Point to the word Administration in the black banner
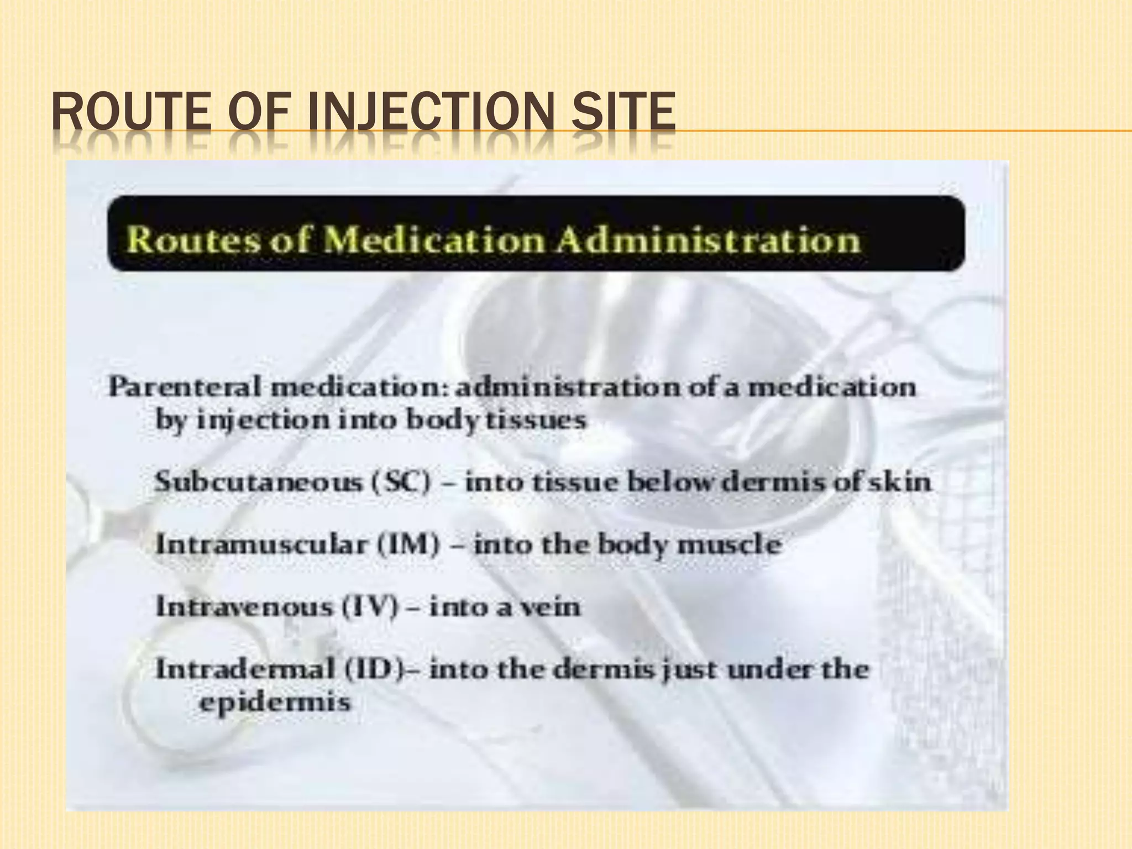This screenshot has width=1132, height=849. tap(708, 241)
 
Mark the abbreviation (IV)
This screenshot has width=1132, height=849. tap(370, 607)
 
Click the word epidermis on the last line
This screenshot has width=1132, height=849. tap(275, 703)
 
